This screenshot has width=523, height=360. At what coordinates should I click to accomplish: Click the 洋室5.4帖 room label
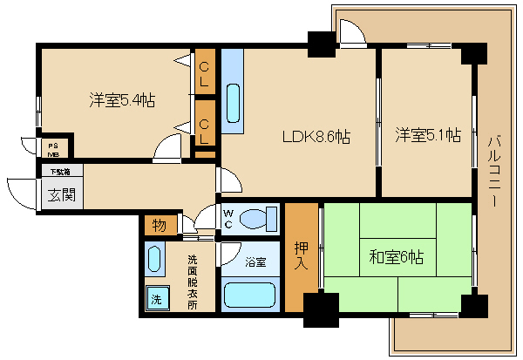[x=122, y=101]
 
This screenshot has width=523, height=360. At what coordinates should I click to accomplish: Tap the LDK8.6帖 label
[x=315, y=137]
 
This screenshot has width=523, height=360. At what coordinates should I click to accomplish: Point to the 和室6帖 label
[x=396, y=258]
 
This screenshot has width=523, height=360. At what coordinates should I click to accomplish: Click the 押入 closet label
[x=301, y=255]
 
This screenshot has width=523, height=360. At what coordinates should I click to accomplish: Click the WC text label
[x=228, y=219]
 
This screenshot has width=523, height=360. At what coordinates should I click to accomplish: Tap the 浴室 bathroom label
[x=255, y=261]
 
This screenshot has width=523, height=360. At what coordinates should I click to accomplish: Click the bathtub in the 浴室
[x=250, y=295]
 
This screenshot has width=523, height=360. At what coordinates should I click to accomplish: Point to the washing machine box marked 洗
[x=157, y=298]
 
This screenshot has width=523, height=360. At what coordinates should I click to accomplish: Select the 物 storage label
[x=160, y=225]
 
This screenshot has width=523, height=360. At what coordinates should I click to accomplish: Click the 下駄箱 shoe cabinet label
[x=60, y=171]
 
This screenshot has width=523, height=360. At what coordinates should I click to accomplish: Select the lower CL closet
[x=205, y=130]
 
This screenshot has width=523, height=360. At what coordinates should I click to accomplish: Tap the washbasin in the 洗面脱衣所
[x=155, y=260]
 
